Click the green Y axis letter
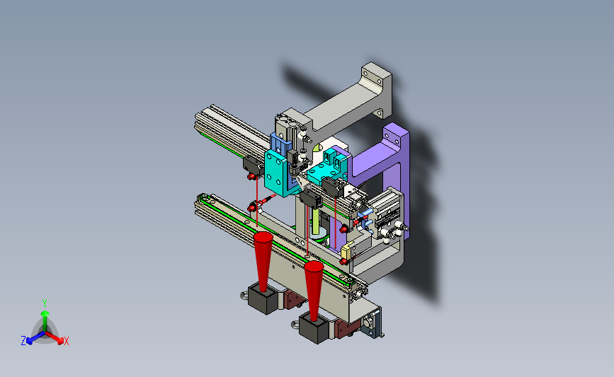[44, 303]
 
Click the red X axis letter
[66, 342]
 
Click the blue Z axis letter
[23, 341]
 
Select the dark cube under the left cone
[263, 299]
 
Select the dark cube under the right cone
[314, 329]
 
